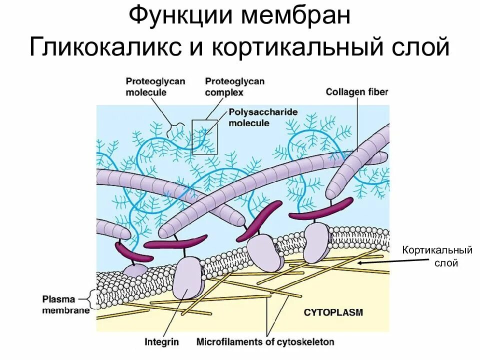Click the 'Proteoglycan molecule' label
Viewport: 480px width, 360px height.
tap(148, 86)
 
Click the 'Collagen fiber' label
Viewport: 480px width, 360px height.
tap(357, 92)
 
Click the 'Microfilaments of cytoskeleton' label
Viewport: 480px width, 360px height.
tap(265, 342)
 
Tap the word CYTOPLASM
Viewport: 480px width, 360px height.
tap(333, 312)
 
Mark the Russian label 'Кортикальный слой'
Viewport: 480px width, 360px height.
tap(438, 256)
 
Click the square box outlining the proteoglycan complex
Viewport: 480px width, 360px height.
tap(205, 136)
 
